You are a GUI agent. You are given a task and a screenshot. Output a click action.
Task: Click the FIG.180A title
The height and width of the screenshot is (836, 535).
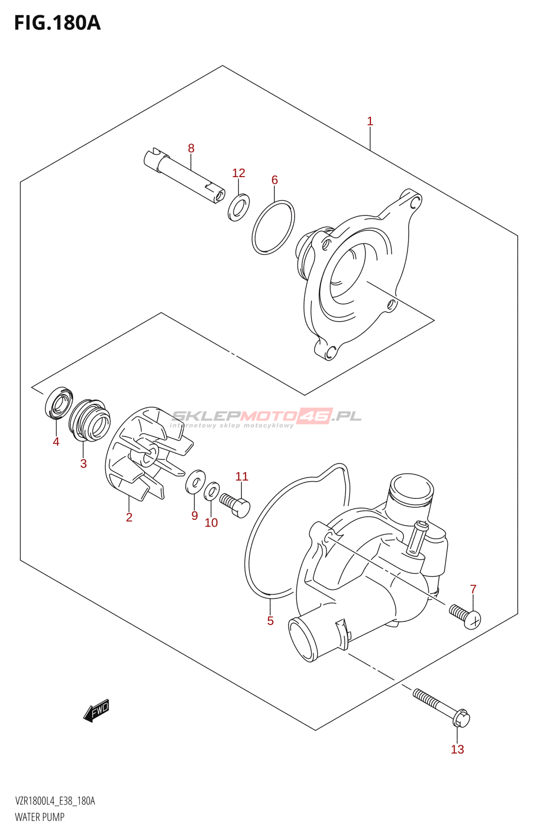coord(57,23)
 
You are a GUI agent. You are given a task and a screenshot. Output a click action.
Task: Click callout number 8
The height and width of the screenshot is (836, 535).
coord(191,148)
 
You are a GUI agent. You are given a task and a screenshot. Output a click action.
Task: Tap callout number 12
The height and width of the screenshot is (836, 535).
coord(239,173)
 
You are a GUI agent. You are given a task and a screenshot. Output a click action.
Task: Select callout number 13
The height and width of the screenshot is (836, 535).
coord(457,749)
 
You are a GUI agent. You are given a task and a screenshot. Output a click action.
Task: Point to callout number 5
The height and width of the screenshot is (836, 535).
coord(271,621)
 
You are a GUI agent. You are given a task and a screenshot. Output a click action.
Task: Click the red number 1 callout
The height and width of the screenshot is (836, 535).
coord(370,121)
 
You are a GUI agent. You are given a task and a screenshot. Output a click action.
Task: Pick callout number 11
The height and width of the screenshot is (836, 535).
coord(241,477)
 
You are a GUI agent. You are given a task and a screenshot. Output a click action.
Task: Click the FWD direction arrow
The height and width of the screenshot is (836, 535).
coord(96,711)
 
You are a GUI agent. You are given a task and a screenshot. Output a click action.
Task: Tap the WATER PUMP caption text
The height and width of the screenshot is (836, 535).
coord(40,817)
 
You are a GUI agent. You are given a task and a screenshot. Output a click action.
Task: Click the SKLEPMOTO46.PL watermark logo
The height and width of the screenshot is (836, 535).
coord(266,417)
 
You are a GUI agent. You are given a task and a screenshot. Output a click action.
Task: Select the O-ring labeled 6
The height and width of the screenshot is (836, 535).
coord(273,228)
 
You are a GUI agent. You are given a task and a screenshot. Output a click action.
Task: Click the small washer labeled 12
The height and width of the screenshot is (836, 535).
coord(239,207)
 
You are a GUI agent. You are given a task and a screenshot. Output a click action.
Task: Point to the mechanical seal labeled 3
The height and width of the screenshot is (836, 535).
coord(90,420)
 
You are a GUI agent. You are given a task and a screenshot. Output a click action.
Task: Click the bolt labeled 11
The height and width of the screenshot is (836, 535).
coord(236,505)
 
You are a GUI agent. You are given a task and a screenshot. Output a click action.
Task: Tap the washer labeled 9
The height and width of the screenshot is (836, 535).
coord(195,481)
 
